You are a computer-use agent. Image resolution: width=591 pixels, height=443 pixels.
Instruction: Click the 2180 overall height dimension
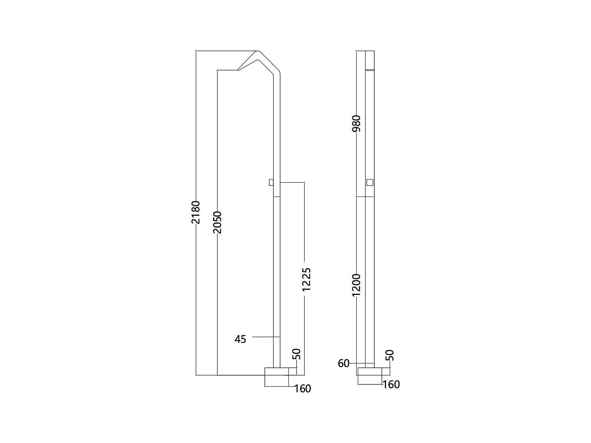click(x=196, y=212)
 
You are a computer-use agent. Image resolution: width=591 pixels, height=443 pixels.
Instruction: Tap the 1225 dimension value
click(x=306, y=279)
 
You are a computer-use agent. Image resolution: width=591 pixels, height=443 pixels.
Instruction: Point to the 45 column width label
click(x=240, y=339)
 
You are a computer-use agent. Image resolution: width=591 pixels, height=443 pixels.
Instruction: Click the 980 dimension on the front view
click(x=357, y=124)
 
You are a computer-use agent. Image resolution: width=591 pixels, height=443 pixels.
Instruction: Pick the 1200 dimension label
click(x=357, y=285)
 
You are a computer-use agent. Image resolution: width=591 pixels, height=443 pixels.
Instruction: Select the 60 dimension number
click(x=344, y=363)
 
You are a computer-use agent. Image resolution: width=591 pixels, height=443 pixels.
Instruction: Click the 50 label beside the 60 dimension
click(x=390, y=355)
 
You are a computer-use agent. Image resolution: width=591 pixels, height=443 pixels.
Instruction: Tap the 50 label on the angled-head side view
click(x=297, y=354)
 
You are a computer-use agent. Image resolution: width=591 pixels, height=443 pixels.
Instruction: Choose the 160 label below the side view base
click(x=303, y=389)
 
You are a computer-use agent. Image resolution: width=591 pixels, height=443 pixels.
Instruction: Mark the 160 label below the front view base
click(x=391, y=385)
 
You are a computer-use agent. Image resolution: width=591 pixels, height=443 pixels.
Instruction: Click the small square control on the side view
click(x=271, y=182)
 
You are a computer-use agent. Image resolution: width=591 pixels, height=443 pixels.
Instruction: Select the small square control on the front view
click(x=370, y=182)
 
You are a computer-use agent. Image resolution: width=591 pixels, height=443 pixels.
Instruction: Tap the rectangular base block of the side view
click(x=277, y=377)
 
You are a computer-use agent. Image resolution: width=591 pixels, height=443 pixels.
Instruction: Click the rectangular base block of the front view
click(x=370, y=376)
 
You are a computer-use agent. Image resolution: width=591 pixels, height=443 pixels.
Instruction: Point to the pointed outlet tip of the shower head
click(x=238, y=70)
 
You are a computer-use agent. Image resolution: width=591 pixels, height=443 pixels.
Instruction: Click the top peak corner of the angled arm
click(x=258, y=52)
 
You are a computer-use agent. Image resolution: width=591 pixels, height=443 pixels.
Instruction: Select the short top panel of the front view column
click(x=370, y=60)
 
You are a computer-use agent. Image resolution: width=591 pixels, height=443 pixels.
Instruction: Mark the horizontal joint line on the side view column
click(x=277, y=196)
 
